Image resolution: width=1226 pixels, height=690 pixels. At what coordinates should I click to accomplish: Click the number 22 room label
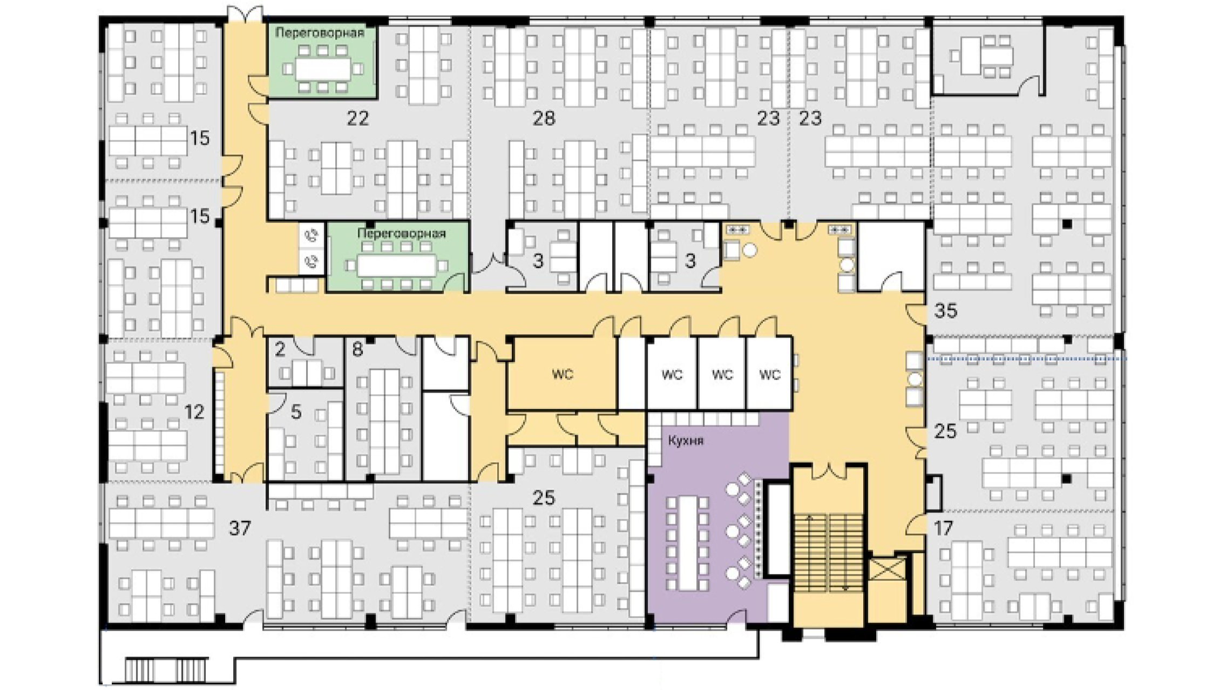click(x=357, y=118)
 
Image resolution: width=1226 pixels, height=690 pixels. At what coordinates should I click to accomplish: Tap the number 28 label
click(x=544, y=118)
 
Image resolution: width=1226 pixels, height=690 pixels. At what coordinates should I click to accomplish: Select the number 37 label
click(x=240, y=527)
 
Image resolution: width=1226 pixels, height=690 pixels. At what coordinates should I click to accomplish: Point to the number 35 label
click(x=945, y=310)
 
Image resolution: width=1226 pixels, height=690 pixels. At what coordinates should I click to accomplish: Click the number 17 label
click(x=943, y=527)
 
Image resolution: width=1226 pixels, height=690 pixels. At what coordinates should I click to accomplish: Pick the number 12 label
click(x=194, y=412)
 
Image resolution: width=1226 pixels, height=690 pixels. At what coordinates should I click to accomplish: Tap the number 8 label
click(x=357, y=349)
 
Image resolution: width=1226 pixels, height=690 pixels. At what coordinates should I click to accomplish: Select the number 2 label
click(x=280, y=349)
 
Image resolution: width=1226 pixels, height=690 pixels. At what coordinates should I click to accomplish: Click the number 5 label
click(x=296, y=412)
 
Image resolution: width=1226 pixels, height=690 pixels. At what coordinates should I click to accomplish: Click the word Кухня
click(x=686, y=441)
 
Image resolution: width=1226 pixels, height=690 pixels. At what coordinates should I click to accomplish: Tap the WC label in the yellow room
click(x=563, y=374)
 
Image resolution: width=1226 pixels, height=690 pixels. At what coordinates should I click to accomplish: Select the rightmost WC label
click(x=770, y=374)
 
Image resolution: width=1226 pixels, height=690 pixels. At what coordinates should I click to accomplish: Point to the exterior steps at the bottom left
click(x=166, y=670)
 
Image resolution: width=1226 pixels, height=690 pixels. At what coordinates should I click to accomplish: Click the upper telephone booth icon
click(x=311, y=235)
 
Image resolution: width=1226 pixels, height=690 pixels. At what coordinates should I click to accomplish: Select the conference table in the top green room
click(x=323, y=68)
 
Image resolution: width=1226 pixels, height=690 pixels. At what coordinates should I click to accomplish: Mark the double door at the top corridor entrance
click(x=246, y=15)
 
